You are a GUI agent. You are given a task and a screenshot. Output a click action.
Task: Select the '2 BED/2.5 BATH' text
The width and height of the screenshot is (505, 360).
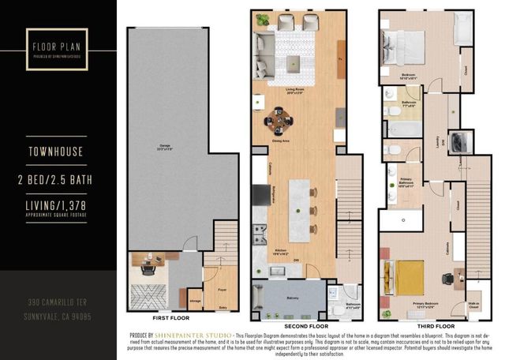point(58,181)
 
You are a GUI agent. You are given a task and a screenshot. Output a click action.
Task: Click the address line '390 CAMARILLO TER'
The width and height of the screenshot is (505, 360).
point(58,302)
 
